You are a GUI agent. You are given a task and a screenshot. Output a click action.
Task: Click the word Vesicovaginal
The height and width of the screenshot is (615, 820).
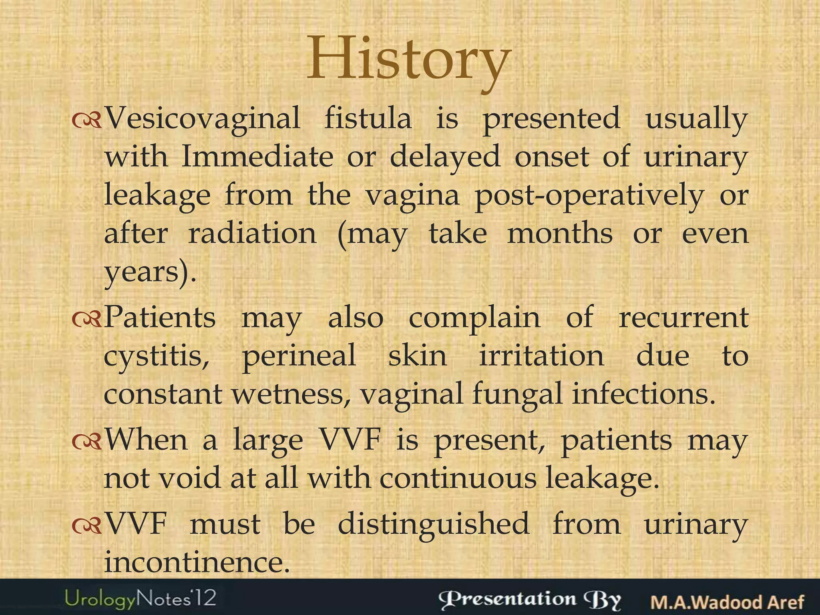click(202, 119)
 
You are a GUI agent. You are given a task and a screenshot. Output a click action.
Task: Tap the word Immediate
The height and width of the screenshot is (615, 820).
click(257, 157)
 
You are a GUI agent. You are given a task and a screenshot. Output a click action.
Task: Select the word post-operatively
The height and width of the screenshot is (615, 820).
click(589, 195)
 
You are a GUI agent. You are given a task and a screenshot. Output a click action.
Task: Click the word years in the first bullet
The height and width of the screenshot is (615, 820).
click(140, 272)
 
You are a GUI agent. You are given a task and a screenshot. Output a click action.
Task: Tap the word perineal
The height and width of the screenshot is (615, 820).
click(299, 356)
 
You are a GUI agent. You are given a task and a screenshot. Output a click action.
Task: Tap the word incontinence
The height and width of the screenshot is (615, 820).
click(196, 562)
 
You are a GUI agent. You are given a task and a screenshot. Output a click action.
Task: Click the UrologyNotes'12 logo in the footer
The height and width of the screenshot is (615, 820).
click(141, 599)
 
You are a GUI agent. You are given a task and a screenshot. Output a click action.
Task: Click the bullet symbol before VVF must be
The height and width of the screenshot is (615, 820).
click(87, 526)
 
